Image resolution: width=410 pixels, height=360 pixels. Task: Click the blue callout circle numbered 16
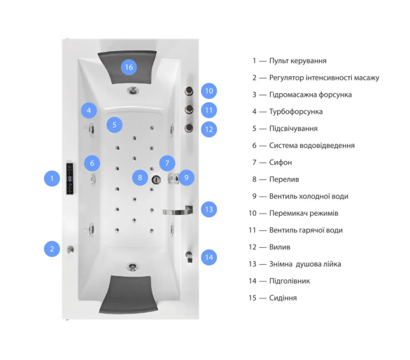(x=129, y=67)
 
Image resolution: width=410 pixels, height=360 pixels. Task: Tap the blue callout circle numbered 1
(x=52, y=179)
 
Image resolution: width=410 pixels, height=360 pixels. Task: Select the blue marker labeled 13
(x=209, y=209)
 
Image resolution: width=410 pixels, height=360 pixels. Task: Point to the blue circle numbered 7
(x=167, y=163)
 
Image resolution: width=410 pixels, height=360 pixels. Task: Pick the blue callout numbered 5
(x=115, y=125)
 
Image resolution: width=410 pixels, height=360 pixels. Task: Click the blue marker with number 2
(x=52, y=249)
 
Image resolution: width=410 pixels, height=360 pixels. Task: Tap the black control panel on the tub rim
(x=69, y=179)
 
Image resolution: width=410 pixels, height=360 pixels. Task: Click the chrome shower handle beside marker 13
(x=178, y=211)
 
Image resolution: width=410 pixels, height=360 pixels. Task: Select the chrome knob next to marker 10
(x=189, y=91)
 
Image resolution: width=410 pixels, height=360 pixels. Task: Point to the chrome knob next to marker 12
(x=189, y=128)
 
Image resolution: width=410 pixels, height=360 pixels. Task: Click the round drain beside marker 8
(x=156, y=179)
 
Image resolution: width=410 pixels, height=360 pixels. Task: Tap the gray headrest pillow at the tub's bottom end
(x=129, y=294)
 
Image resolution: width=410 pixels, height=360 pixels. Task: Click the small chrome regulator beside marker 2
(x=71, y=249)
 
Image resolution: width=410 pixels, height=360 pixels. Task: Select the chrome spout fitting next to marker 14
(x=189, y=256)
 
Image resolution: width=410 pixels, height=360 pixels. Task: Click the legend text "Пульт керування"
(x=298, y=61)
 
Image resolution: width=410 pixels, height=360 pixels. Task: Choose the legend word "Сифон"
(x=281, y=162)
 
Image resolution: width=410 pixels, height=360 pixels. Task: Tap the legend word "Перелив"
(x=284, y=179)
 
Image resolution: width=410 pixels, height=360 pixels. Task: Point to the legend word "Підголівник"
(x=290, y=281)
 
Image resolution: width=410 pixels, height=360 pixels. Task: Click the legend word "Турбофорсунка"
(x=296, y=111)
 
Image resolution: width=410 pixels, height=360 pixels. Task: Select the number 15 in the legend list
(x=253, y=298)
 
